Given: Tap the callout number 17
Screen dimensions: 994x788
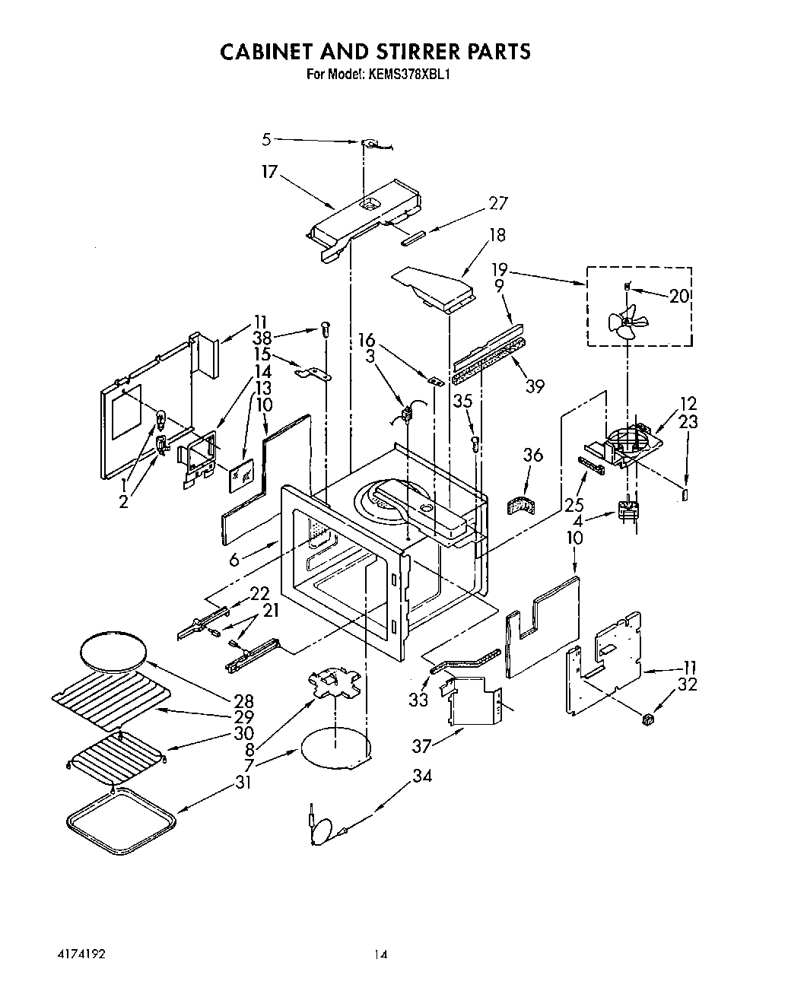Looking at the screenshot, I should pyautogui.click(x=269, y=173).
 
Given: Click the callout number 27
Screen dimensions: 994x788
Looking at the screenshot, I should pyautogui.click(x=498, y=203).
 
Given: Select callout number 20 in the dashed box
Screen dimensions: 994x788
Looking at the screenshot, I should pyautogui.click(x=679, y=296).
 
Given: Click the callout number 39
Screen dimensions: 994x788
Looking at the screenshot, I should pyautogui.click(x=535, y=386).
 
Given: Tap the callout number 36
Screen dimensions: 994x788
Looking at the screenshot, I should pyautogui.click(x=533, y=455).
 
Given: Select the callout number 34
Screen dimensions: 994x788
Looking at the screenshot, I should pyautogui.click(x=423, y=776).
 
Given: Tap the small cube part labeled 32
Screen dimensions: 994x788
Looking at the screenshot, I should pyautogui.click(x=649, y=719).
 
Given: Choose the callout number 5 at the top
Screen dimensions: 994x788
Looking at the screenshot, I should pyautogui.click(x=266, y=139).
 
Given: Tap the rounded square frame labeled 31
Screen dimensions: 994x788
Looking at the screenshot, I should pyautogui.click(x=122, y=821).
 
